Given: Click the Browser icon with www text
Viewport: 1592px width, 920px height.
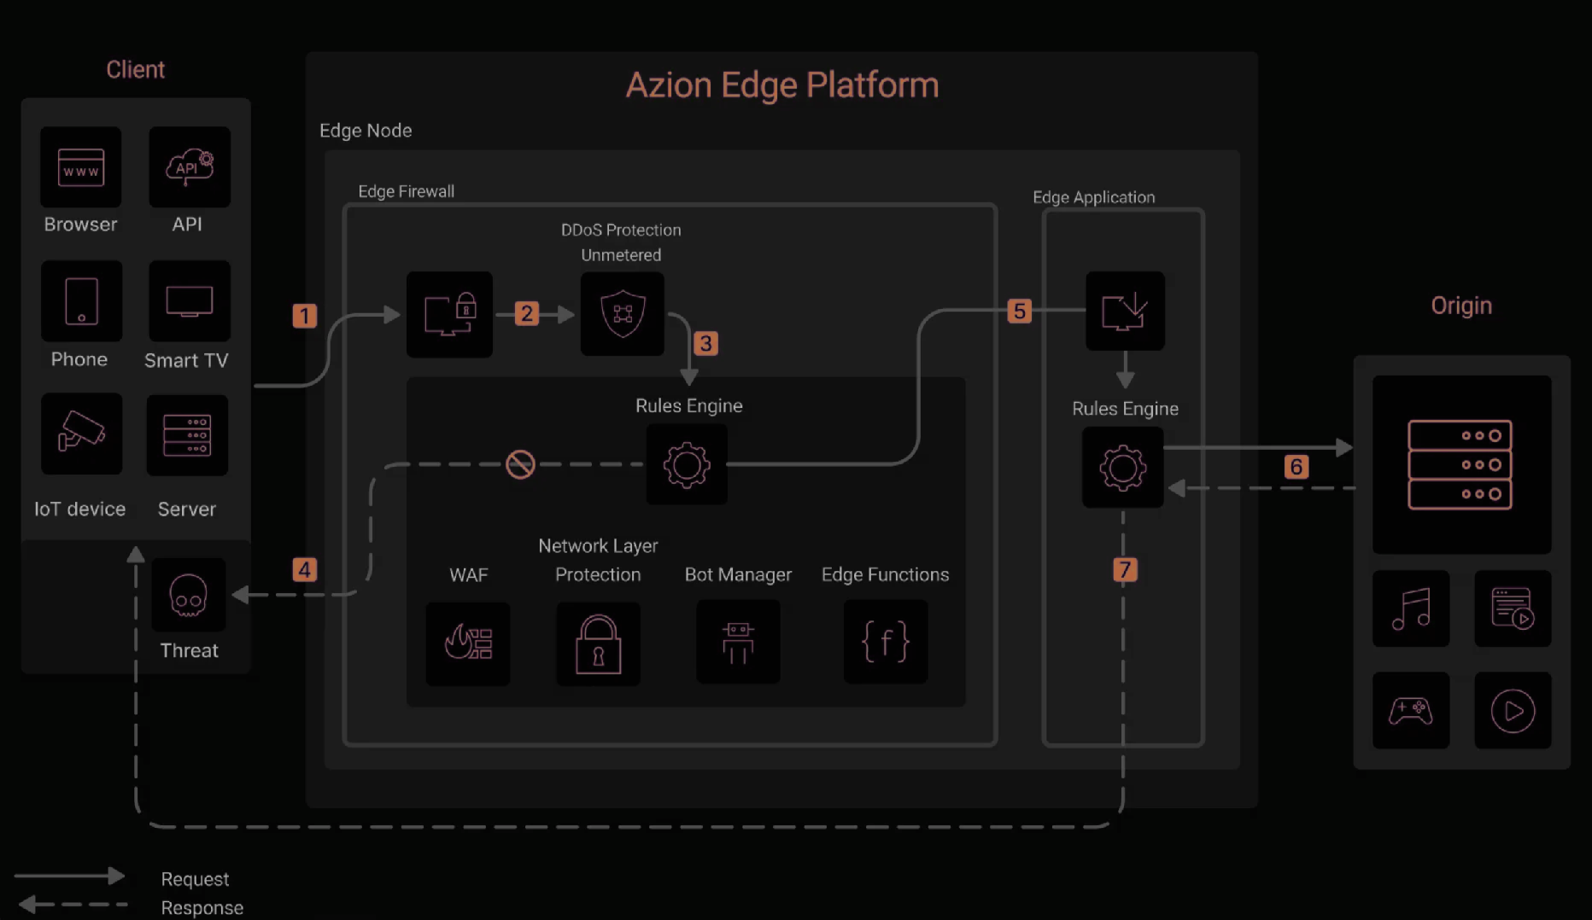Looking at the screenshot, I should pos(81,168).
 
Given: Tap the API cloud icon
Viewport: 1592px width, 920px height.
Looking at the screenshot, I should pos(190,166).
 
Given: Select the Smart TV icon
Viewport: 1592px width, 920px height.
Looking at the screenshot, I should pos(189,301).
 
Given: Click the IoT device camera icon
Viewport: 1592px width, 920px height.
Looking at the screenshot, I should pos(81,433).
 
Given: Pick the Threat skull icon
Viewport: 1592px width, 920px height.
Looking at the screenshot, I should pos(189,595).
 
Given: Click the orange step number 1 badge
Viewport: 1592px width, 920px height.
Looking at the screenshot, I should pos(305,316).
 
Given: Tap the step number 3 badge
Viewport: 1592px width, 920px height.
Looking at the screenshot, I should pos(705,343).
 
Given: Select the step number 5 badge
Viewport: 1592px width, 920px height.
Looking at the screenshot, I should pos(1019,311).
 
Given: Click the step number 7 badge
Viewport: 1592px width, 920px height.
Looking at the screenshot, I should pos(1125,569).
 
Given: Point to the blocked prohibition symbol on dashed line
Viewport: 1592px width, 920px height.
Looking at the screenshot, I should pos(520,464).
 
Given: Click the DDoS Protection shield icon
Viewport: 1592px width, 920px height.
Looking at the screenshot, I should pos(623,313).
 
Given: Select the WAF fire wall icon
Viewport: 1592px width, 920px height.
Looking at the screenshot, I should pos(468,643).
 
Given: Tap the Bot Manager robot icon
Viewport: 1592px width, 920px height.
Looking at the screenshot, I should pos(738,642).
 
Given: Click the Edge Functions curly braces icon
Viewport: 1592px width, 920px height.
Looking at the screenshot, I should pos(885,642).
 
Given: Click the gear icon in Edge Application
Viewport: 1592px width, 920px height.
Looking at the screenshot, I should pos(1122,468).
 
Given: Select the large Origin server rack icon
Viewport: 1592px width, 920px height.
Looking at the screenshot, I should pos(1460,464).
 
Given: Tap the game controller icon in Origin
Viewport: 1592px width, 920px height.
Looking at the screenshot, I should pos(1411,710).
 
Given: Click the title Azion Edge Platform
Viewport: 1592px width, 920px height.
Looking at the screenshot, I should pos(781,85).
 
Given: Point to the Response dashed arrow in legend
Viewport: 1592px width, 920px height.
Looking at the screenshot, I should pos(73,904).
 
